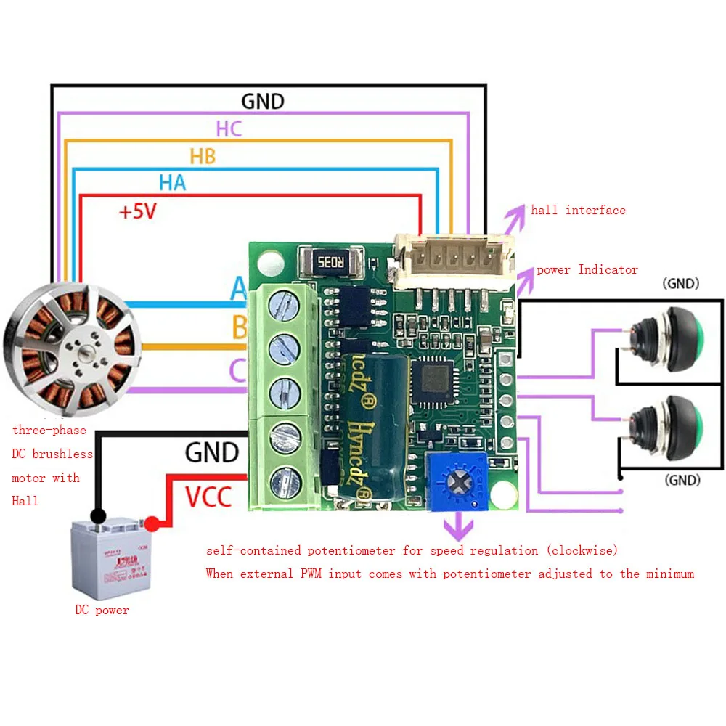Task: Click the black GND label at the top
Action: pos(262,101)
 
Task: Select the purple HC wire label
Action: pos(229,129)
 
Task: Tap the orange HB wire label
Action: pos(203,155)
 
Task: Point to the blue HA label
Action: pos(173,182)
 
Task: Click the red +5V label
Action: pos(138,212)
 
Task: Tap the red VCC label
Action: pos(208,497)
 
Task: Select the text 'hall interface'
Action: pos(578,210)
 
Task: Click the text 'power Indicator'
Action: pos(587,269)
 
